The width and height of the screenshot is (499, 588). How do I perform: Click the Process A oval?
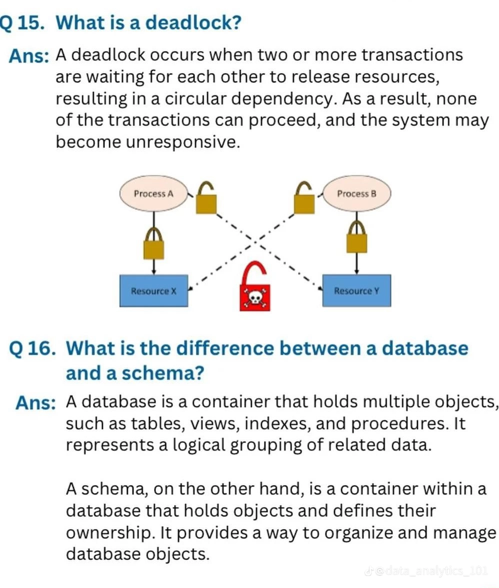coord(153,193)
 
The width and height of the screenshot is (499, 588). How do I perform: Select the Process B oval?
coord(356,193)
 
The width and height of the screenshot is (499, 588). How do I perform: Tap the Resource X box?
coord(153,290)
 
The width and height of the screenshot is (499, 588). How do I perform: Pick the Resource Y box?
coord(356,290)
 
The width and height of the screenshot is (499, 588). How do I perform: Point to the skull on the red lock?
coord(254,298)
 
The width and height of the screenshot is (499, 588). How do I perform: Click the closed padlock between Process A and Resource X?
coord(153,243)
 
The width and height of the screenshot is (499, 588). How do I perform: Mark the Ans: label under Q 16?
coord(35,403)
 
